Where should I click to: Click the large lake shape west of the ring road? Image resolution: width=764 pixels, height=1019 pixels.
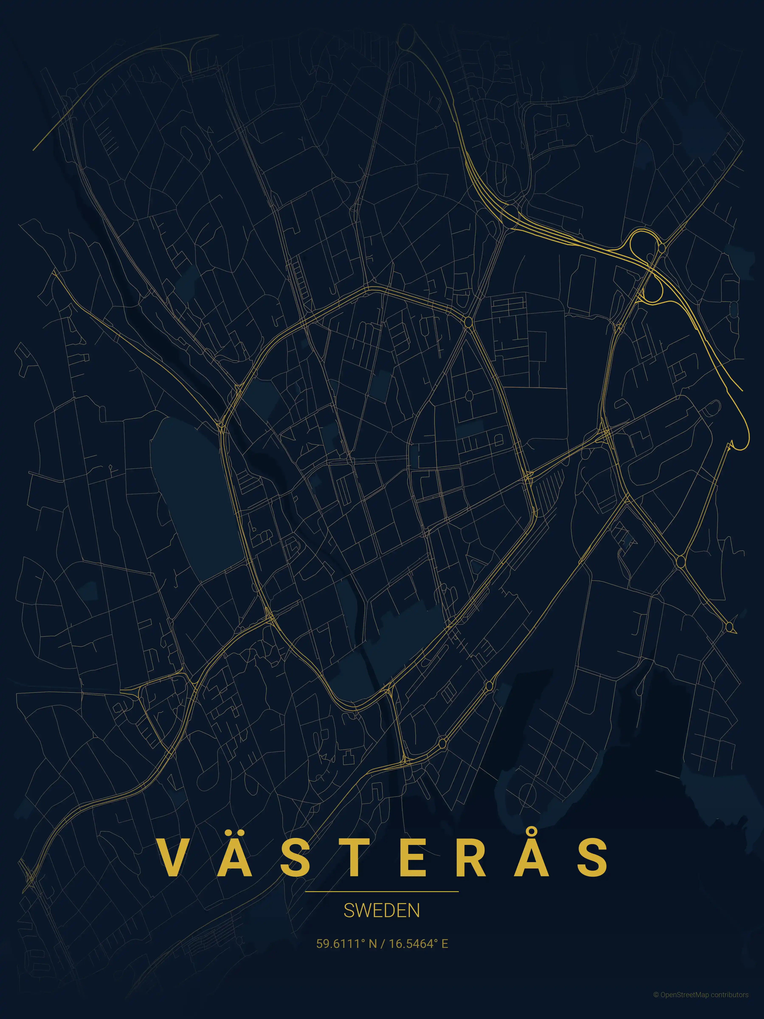pos(193,488)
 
